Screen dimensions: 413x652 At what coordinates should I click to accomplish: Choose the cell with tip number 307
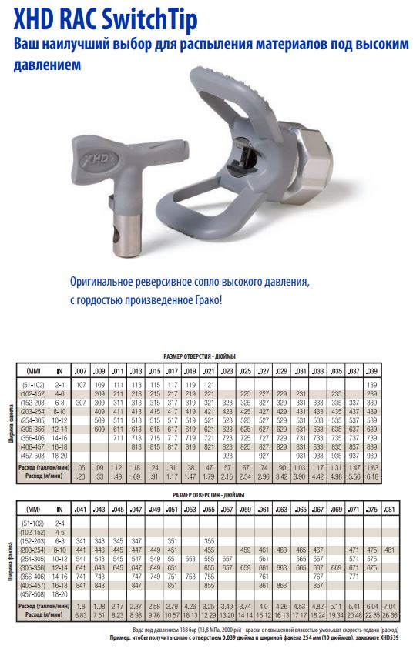pyautogui.click(x=82, y=402)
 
